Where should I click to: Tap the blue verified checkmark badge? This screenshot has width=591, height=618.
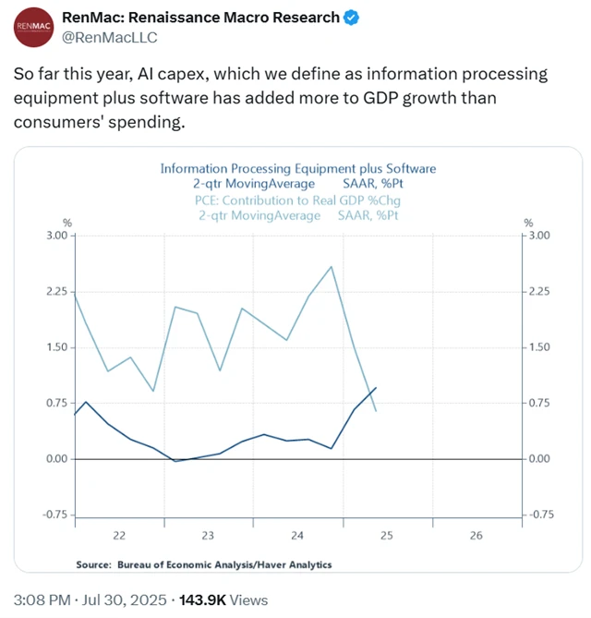pos(353,18)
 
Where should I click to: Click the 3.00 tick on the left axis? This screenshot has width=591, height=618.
pos(55,236)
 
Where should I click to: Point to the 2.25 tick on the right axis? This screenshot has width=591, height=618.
pos(537,291)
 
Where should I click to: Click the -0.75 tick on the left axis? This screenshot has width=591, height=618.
pos(54,515)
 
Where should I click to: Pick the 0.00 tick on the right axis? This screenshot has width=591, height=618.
pos(537,459)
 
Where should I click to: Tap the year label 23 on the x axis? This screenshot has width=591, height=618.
pos(208,536)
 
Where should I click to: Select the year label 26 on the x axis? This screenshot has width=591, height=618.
pos(476,536)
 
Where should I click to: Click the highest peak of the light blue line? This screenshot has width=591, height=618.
pos(331,267)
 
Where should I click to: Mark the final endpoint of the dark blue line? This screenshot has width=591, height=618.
pos(376,388)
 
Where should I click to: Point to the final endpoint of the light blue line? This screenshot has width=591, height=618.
pos(376,411)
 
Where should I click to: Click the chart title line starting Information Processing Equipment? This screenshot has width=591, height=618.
pos(297,169)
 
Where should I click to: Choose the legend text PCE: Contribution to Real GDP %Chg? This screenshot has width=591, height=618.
pos(297,200)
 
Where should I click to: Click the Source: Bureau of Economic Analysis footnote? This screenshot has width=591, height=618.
pos(203,564)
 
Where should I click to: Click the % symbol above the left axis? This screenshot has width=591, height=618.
pos(66,223)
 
